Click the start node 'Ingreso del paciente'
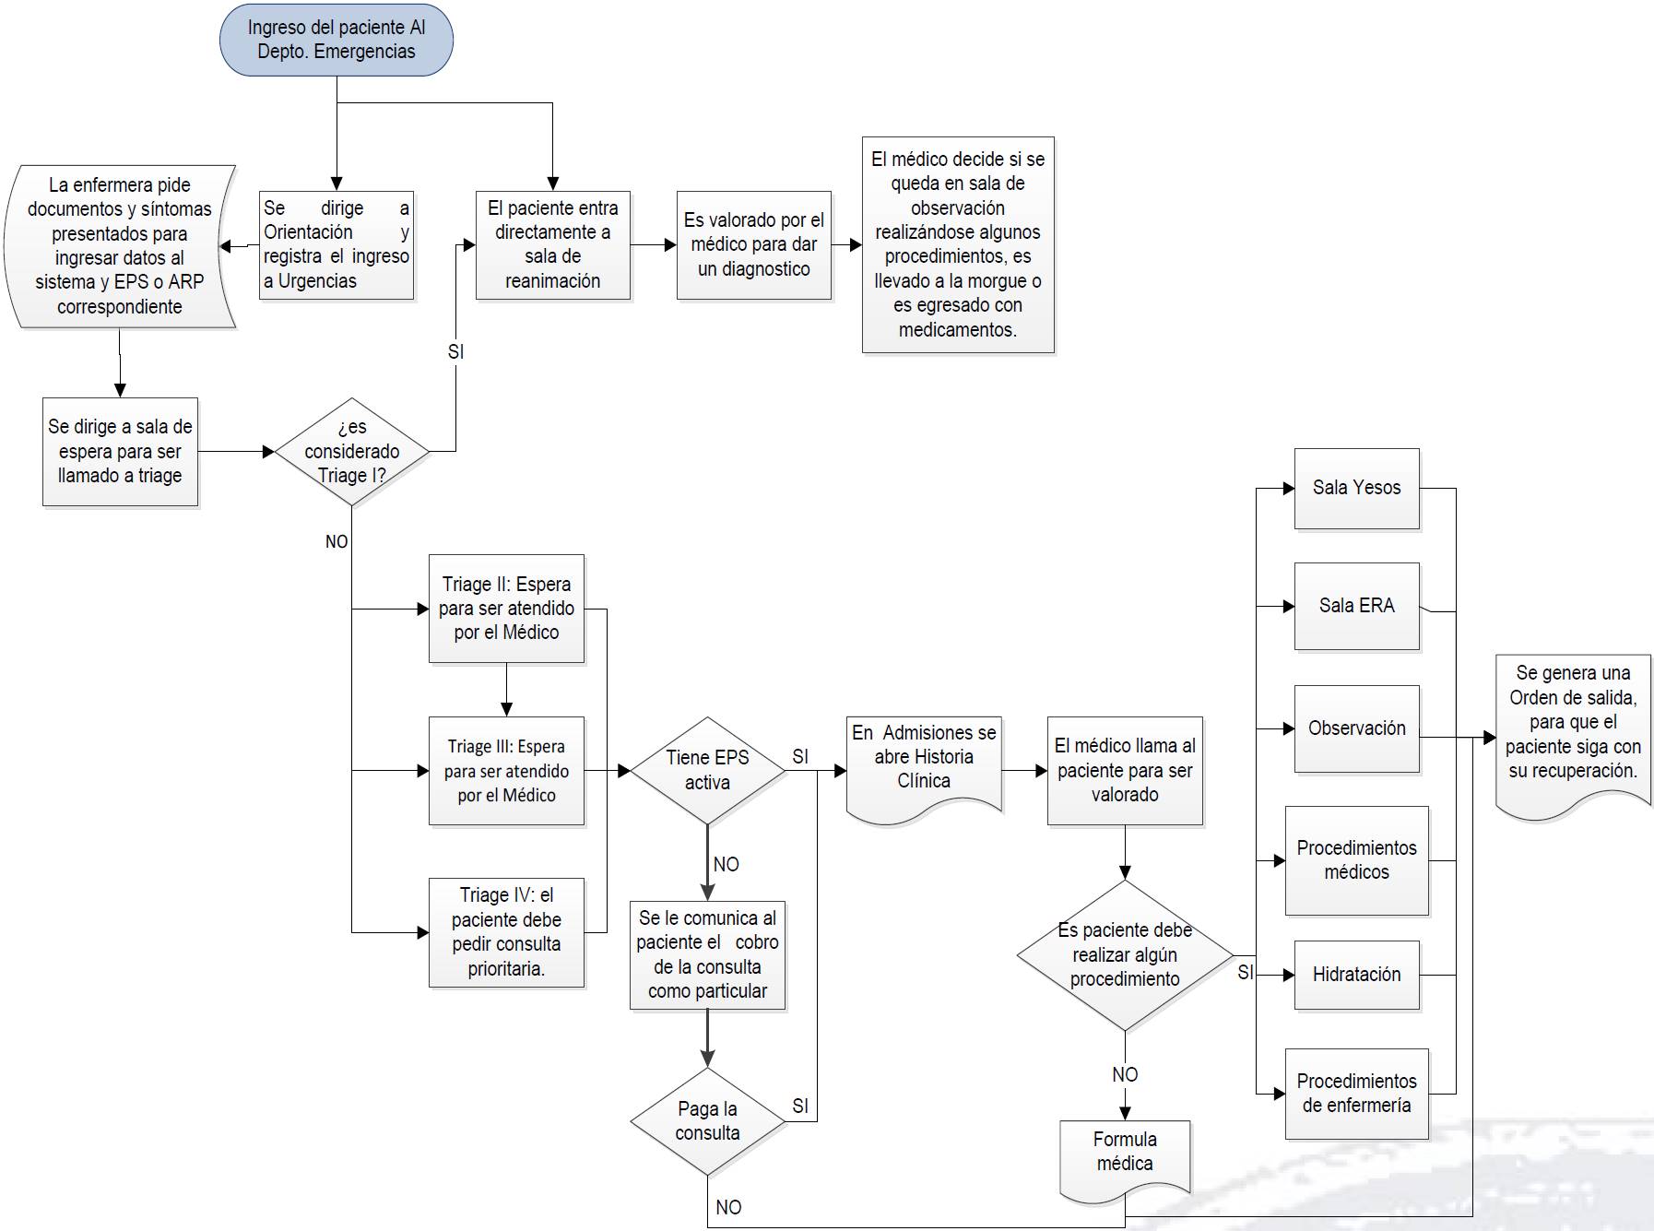337,40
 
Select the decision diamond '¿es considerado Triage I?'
352,452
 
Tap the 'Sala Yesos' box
1356,488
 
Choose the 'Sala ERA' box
1356,606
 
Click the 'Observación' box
1356,728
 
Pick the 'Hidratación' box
1356,975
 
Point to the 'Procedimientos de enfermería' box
1356,1093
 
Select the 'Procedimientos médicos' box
1356,860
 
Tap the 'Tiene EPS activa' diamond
707,770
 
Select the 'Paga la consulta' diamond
707,1121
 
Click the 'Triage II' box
506,609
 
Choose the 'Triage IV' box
506,932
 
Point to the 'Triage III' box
506,771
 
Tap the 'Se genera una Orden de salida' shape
1573,728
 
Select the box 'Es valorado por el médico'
753,245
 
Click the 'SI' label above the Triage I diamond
455,352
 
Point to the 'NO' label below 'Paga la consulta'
728,1207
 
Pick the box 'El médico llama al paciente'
1125,770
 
